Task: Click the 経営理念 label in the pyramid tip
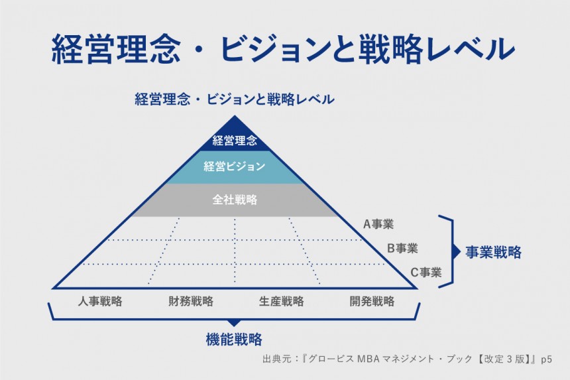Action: [235, 141]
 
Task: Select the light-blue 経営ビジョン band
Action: [235, 166]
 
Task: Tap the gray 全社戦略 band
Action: [235, 199]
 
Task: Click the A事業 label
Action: [378, 224]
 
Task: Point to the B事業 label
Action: [402, 248]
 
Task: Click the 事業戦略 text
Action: [493, 253]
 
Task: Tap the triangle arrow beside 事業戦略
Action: [455, 252]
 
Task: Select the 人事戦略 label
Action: [99, 301]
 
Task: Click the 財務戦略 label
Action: [191, 301]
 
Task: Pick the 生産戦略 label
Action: [281, 301]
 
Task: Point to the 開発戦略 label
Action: [372, 301]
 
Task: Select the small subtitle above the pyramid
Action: [235, 100]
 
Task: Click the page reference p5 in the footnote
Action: [546, 359]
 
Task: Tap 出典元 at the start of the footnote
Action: [275, 359]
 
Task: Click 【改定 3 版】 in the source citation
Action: [500, 359]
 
